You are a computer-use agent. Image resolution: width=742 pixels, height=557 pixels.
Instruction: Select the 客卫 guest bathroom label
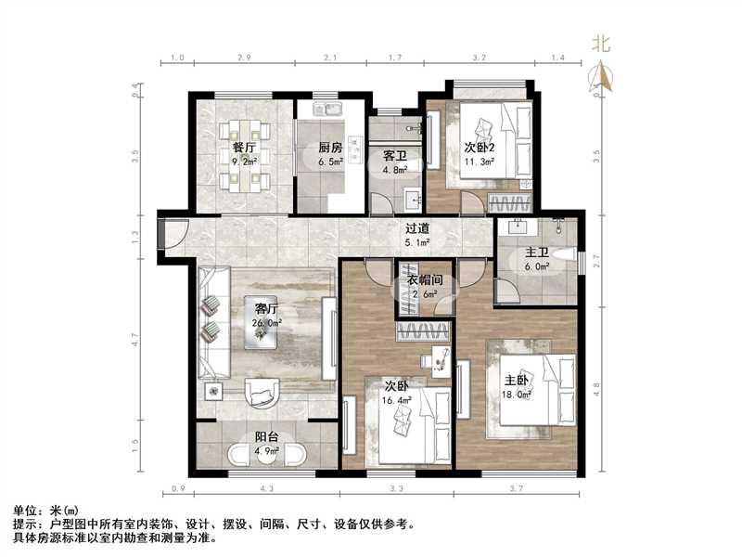tap(384, 156)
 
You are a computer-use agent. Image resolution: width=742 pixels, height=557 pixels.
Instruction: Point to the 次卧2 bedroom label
tap(479, 147)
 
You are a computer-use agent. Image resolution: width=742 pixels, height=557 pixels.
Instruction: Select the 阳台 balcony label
tap(269, 439)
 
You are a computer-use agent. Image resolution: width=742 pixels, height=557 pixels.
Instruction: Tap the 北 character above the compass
tap(602, 43)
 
